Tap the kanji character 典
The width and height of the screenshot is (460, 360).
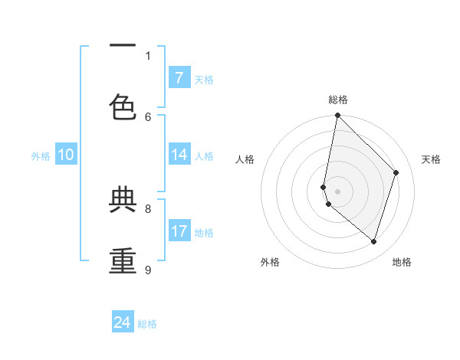123,200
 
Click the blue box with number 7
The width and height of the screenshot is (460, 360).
179,77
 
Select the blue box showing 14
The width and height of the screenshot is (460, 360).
179,155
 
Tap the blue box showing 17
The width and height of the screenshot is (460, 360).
179,231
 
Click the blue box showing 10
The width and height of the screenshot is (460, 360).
66,155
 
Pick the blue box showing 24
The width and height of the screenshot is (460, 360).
123,322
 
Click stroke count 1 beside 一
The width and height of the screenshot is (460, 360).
148,55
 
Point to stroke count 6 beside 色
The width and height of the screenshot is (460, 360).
148,116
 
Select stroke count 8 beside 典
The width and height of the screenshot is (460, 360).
148,208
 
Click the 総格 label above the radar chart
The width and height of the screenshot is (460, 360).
337,100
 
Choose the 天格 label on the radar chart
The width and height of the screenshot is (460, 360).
431,159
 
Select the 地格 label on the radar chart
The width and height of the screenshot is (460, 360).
402,262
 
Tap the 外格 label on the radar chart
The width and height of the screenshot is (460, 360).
270,262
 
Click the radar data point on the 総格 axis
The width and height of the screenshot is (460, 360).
337,115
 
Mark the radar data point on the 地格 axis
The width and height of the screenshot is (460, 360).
373,241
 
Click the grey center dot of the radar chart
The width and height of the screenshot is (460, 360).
337,191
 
